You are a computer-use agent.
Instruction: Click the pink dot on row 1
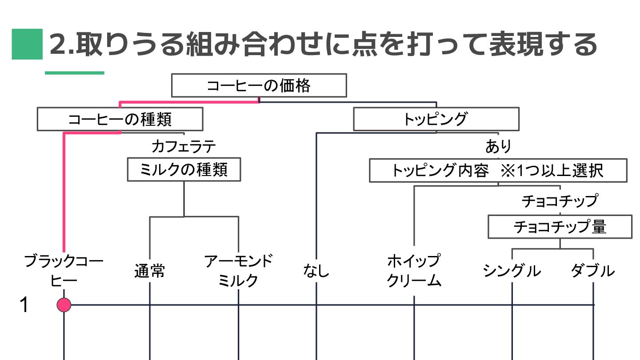pos(64,305)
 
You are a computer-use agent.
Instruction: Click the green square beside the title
pos(27,44)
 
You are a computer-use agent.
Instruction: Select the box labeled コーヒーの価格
pos(259,85)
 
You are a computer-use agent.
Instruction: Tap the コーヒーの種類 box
pos(120,119)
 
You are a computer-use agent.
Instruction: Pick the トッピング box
pos(436,119)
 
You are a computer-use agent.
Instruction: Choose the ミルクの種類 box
pos(184,169)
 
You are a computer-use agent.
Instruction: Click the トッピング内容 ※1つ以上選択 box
pos(498,171)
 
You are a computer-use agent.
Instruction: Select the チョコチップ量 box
pos(560,227)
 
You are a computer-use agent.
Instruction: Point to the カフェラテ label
pos(184,146)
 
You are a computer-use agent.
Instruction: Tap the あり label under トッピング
pos(498,146)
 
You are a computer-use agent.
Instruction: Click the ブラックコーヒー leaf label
pos(64,270)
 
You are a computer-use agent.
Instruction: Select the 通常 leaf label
pos(150,271)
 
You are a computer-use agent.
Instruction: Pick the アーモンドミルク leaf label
pos(238,270)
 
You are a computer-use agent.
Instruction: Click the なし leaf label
pos(316,270)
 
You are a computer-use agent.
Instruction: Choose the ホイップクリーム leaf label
pos(414,270)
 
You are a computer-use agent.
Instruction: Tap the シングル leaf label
pos(512,271)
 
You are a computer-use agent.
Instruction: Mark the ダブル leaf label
pos(593,271)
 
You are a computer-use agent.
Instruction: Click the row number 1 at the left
pos(24,305)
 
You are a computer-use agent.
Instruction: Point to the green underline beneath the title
pos(74,72)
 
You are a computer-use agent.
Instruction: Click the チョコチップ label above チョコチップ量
pos(560,201)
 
